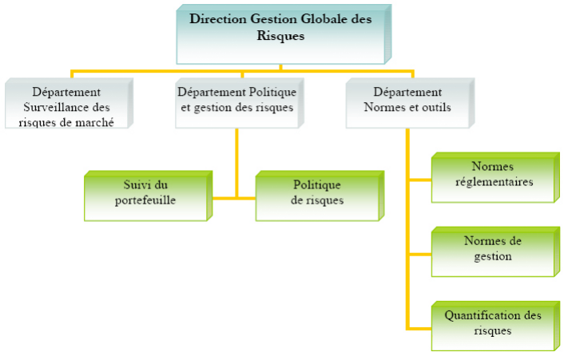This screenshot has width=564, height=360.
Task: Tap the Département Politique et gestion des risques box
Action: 238,101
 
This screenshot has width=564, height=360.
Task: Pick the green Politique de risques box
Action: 317,194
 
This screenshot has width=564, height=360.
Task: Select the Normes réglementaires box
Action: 492,175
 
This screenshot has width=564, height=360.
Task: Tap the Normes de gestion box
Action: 492,250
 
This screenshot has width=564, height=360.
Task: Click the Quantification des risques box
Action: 492,323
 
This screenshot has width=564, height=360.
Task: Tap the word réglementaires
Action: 492,182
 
